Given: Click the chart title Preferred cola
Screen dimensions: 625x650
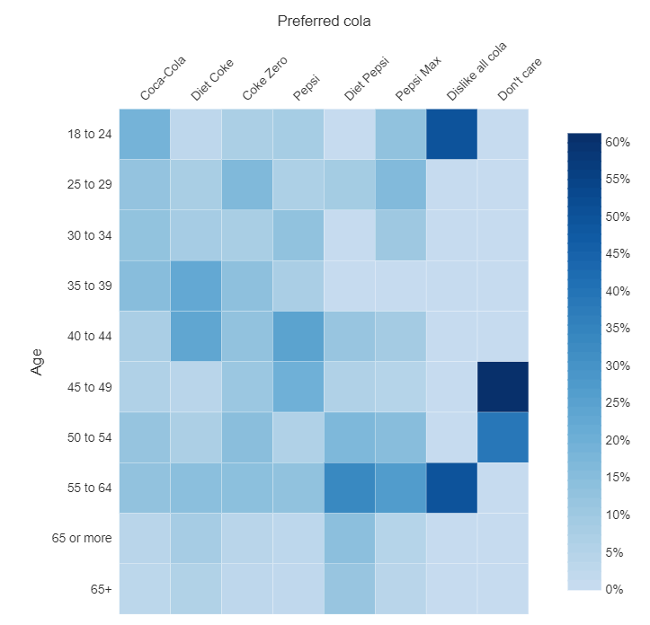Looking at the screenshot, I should point(324,21).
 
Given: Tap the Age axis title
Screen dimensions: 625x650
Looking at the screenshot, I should point(37,362).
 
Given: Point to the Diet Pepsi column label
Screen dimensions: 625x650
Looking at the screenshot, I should point(365,83).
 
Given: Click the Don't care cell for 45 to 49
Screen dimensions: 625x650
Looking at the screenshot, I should point(503,386).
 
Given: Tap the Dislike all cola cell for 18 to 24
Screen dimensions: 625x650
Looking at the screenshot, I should point(451,134).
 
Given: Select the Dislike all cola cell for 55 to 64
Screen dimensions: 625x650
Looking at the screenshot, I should point(451,488).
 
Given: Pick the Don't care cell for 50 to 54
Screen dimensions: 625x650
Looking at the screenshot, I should point(503,437).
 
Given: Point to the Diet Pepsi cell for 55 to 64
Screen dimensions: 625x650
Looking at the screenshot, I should point(349,488).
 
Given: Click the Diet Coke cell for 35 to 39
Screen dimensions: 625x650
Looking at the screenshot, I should point(195,286).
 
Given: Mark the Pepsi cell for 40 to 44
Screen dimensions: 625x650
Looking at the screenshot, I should point(298,336).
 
